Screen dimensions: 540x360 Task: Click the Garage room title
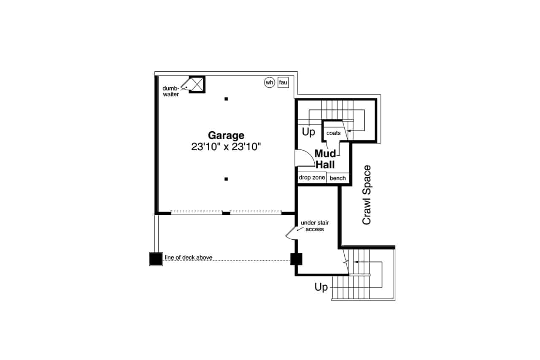tap(226, 136)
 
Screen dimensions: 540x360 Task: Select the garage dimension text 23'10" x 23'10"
tap(226, 146)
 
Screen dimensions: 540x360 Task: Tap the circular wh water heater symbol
tap(269, 82)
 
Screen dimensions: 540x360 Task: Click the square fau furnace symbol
tap(283, 82)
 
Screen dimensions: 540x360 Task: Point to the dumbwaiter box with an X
tap(197, 84)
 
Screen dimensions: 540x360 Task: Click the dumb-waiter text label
tap(171, 91)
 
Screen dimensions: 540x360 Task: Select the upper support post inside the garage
tap(226, 99)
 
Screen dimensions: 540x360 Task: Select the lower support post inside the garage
tap(226, 179)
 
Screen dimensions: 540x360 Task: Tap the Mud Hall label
tap(325, 159)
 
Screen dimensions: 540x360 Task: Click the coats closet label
tap(333, 133)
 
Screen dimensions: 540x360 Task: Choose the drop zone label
tap(312, 178)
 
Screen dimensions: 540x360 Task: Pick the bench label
tap(338, 178)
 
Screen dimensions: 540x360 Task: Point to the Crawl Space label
tap(367, 195)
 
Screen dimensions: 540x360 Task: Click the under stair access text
tap(315, 226)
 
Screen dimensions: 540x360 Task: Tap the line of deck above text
tap(189, 257)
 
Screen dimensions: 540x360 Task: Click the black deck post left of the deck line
tap(156, 259)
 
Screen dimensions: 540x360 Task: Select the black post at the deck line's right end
tap(296, 259)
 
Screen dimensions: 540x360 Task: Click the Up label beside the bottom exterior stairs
tap(321, 287)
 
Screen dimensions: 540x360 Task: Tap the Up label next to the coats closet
tap(308, 132)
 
